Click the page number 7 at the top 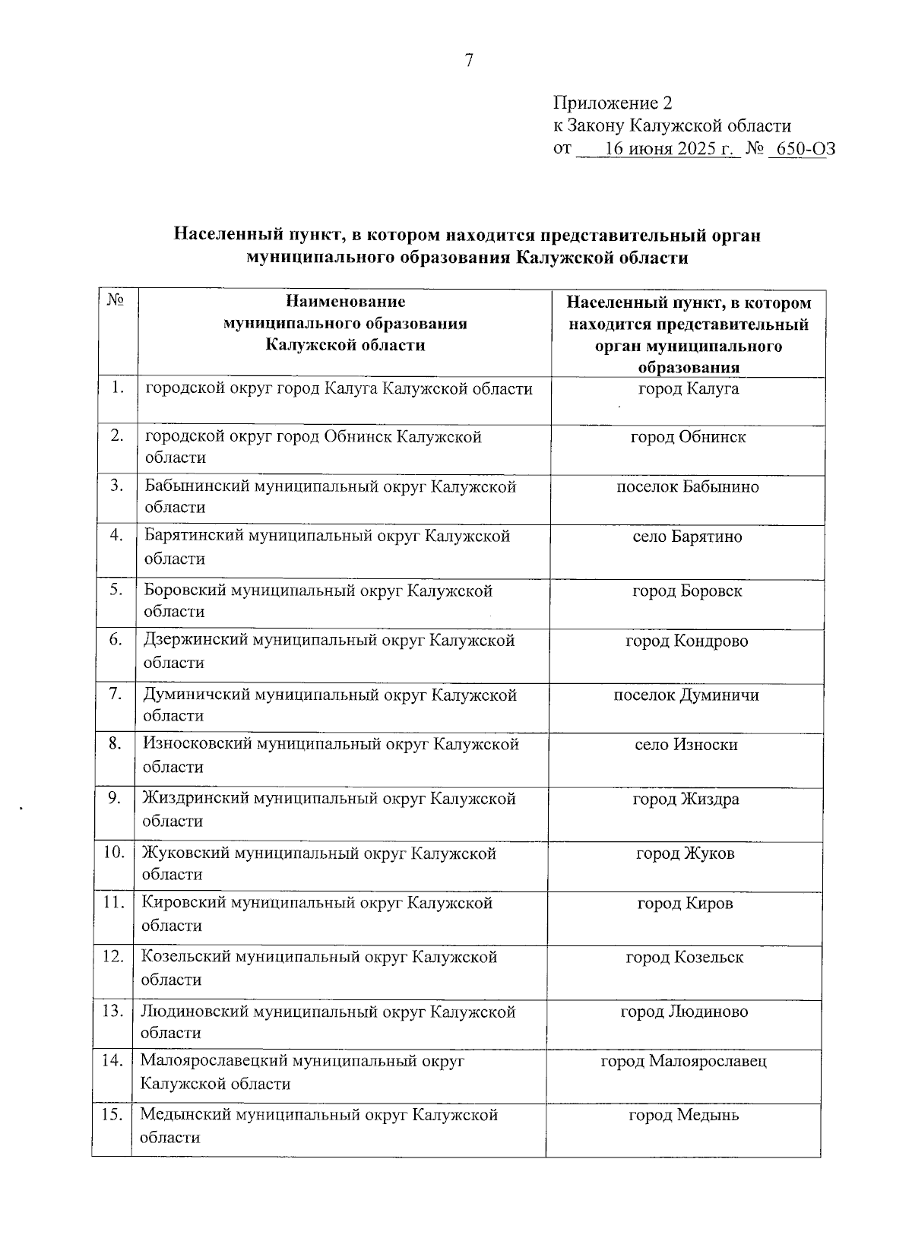469,61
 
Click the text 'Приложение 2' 613,103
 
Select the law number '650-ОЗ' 801,149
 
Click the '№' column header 116,300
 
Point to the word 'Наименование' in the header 345,302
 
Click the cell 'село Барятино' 687,537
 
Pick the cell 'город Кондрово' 686,641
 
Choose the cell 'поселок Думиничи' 686,695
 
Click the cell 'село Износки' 686,745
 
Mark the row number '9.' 115,798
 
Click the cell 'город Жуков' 686,853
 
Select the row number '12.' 112,956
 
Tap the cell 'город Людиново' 684,1012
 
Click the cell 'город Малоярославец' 683,1061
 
